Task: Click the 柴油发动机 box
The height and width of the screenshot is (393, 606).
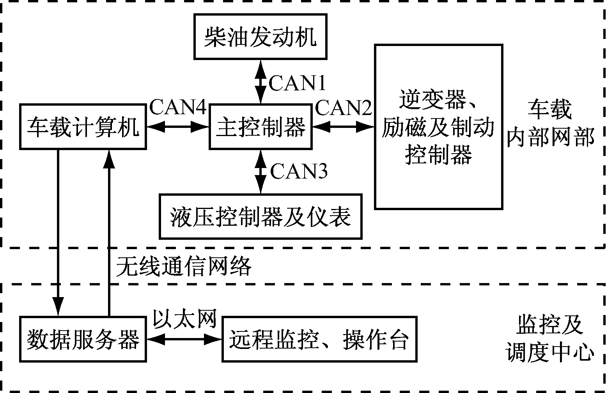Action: point(260,37)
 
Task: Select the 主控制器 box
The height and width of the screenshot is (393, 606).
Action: point(260,127)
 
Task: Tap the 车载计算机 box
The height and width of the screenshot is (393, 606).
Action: point(83,127)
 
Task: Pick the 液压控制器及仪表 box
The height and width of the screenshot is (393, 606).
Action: point(260,216)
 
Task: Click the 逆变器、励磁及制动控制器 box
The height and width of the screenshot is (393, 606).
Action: point(438,127)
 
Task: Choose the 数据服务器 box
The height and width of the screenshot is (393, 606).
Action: point(83,339)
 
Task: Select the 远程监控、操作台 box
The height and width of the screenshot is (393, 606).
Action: point(319,339)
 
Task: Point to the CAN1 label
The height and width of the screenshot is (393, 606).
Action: point(297,83)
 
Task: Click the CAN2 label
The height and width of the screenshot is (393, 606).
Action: point(344,108)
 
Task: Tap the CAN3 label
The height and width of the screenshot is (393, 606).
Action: point(299,171)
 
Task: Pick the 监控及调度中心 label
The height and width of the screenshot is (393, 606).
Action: point(550,339)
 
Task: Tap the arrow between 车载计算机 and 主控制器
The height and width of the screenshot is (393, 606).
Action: point(178,126)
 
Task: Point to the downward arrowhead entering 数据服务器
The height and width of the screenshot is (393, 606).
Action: point(58,308)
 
